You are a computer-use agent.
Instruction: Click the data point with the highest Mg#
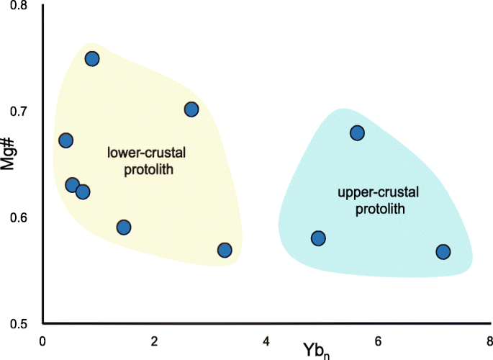(x=92, y=59)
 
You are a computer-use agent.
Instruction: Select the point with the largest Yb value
(x=443, y=251)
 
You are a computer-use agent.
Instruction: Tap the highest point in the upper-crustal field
(x=357, y=132)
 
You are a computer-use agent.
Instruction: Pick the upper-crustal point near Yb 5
(x=318, y=238)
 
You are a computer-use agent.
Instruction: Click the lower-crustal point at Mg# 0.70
(x=191, y=109)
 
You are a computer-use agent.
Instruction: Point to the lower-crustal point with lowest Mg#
(x=225, y=250)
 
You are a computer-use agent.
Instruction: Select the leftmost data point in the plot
(x=65, y=140)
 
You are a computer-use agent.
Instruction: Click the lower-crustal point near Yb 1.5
(x=124, y=228)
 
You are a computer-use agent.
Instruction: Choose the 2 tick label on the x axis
(x=155, y=339)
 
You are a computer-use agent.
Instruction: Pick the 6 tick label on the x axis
(x=377, y=339)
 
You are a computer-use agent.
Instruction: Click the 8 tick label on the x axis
(x=488, y=339)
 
